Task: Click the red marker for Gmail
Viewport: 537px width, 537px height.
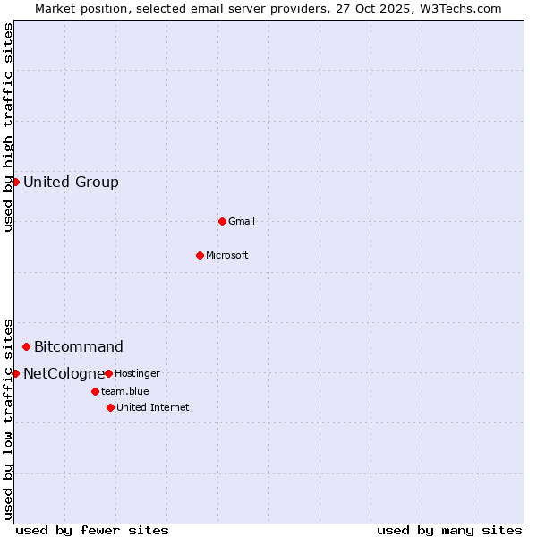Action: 222,221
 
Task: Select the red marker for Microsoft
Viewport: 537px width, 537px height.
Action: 200,255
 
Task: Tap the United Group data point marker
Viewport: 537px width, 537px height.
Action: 15,182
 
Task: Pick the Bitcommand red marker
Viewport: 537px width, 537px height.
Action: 26,346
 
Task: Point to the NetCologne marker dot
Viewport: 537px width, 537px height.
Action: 15,373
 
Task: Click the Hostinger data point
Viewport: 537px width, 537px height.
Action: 108,373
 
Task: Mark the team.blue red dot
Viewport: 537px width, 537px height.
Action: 95,391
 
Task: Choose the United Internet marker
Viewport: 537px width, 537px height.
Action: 110,407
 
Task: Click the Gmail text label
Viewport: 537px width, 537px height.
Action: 242,221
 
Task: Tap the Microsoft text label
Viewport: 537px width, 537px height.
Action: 227,255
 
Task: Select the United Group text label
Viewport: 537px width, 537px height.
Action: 71,183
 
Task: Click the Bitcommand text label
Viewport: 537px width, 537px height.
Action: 79,347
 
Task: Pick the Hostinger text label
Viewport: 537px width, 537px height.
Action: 137,373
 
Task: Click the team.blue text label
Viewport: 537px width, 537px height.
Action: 125,391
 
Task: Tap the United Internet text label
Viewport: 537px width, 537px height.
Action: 152,407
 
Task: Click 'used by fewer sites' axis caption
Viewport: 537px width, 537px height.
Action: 92,530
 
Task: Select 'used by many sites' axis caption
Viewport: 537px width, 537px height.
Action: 449,530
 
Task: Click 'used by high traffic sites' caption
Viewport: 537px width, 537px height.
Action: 9,127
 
